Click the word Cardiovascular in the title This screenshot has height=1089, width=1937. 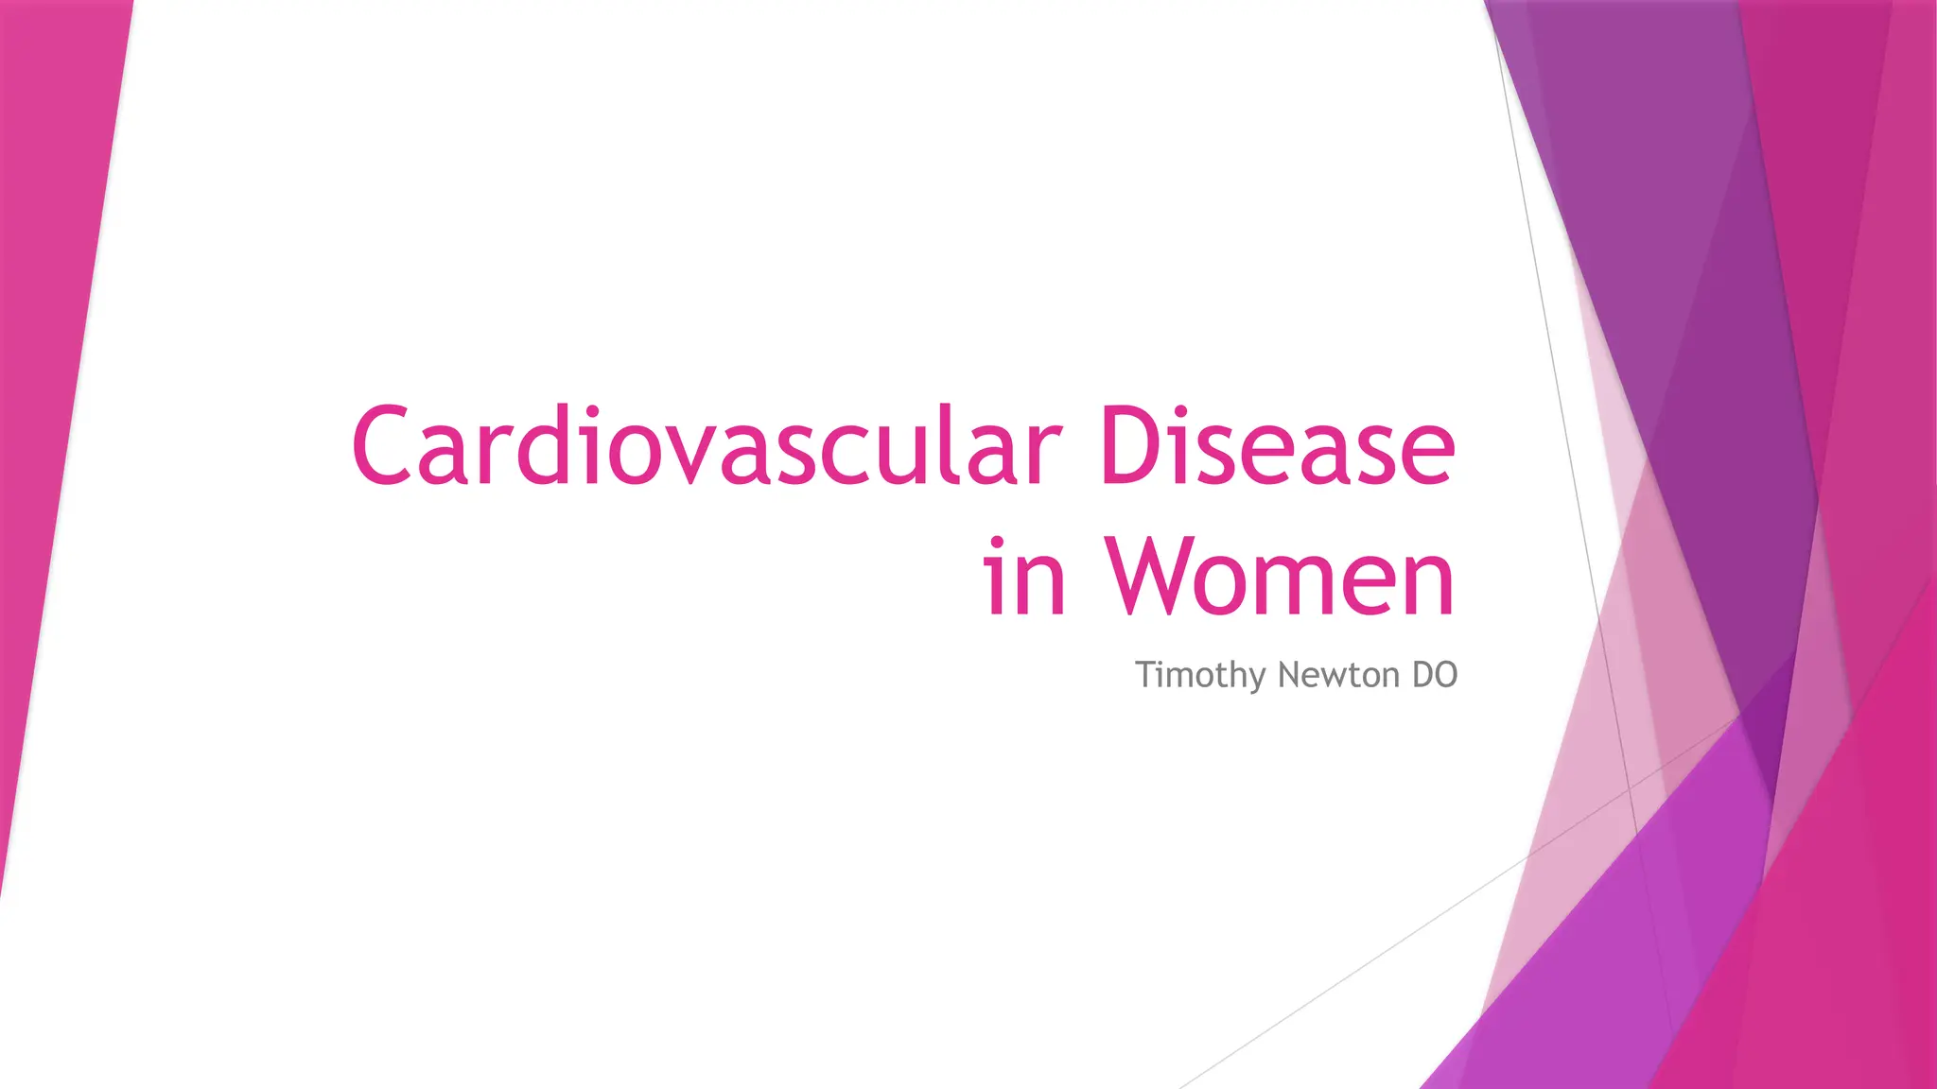pos(706,446)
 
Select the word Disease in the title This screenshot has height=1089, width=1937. pos(1277,446)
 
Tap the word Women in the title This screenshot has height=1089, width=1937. pos(1281,577)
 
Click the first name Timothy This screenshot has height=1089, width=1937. pos(1200,675)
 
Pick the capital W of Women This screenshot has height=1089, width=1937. pos(1158,577)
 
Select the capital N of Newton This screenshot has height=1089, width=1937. pos(1287,675)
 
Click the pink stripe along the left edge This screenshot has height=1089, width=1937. pos(57,378)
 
